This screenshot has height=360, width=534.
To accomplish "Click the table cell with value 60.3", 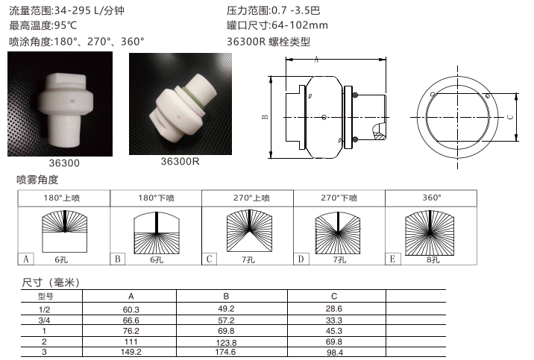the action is click(131, 309).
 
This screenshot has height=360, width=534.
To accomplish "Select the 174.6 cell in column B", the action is click(225, 352).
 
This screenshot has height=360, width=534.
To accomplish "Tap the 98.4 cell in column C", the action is click(334, 353).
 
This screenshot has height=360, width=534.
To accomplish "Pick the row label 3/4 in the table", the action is click(44, 320).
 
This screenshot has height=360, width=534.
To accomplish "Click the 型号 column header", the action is click(45, 297).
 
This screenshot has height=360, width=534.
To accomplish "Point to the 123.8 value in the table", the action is click(226, 343).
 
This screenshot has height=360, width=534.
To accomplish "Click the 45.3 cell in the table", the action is click(334, 331).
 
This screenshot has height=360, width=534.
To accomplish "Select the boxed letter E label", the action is click(392, 259).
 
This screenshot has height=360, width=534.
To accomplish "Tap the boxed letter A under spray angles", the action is click(26, 259).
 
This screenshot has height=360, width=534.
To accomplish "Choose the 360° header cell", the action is click(431, 198).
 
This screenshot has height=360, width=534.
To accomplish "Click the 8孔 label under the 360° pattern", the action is click(433, 260).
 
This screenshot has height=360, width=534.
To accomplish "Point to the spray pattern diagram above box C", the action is click(249, 231).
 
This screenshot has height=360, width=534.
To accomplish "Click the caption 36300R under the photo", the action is click(180, 161).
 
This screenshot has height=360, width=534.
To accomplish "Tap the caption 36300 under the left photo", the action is click(64, 163).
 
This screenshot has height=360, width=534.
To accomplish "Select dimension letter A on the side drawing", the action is click(316, 60).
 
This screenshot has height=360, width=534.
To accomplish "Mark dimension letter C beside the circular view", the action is click(510, 117).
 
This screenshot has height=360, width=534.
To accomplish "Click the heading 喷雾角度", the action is click(37, 180).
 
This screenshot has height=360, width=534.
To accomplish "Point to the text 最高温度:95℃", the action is click(43, 25).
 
